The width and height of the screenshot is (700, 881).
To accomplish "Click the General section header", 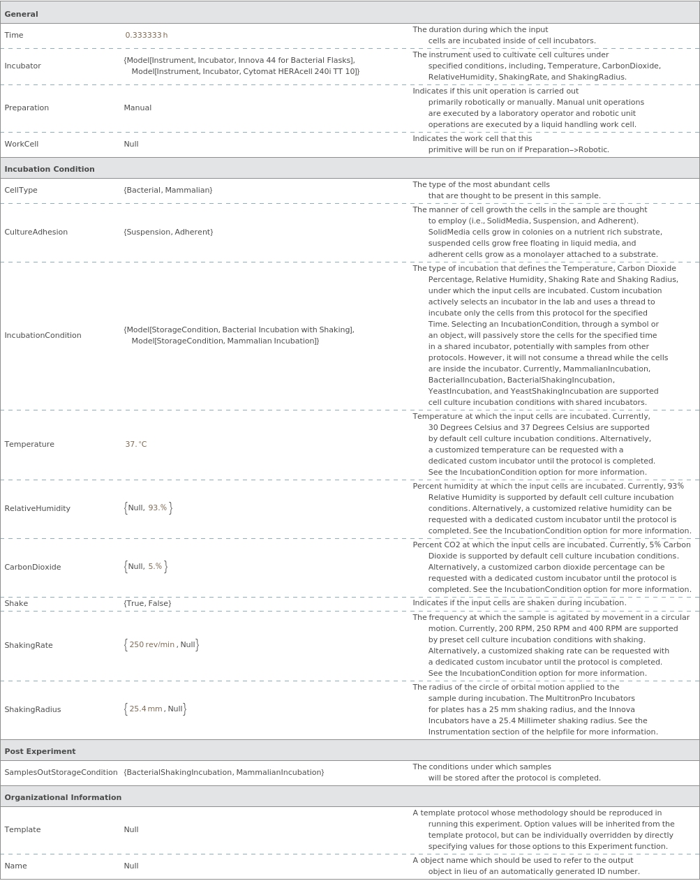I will click(x=22, y=14).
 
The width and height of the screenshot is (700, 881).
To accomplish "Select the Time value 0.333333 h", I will click(x=146, y=35).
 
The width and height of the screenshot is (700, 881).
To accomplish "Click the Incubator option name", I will click(x=22, y=66).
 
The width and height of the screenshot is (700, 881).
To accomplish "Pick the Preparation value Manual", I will click(x=137, y=108).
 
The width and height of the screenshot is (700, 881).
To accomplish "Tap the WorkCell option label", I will click(x=22, y=144).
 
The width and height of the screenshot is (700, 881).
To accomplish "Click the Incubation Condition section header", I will click(x=50, y=169).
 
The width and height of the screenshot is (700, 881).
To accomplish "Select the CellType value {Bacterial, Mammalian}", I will click(x=168, y=190).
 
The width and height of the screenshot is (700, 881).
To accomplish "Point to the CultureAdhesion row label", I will click(x=36, y=232).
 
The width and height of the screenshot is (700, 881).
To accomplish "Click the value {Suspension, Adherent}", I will click(x=168, y=232).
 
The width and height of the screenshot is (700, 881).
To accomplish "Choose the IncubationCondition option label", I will click(x=43, y=335).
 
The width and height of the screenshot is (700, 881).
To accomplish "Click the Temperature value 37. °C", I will click(x=136, y=444).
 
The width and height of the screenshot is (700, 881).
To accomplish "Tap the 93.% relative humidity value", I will click(x=158, y=508).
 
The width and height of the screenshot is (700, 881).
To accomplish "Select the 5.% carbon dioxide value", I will click(x=155, y=567).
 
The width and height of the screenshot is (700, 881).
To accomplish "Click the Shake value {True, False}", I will click(x=147, y=603).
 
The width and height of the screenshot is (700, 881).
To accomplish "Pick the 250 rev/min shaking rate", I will click(x=151, y=645).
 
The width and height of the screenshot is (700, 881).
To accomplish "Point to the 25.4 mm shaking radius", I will click(x=146, y=709).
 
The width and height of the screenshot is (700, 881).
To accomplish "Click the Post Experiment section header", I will click(x=40, y=751).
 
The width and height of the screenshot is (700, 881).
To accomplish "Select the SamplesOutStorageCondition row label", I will click(x=61, y=772).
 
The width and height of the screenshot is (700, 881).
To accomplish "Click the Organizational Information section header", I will click(x=63, y=797).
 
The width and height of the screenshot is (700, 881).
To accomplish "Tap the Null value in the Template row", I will click(x=131, y=829).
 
